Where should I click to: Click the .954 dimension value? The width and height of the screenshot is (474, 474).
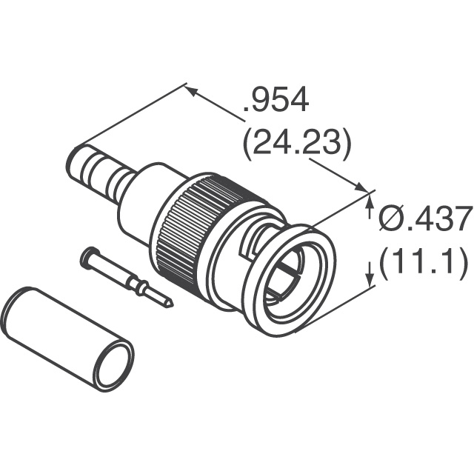(276, 100)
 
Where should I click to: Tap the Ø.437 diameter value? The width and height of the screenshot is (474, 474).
(424, 219)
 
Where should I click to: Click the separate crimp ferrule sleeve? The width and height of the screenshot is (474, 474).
(67, 340)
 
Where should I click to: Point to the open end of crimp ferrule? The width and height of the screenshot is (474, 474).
(111, 364)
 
